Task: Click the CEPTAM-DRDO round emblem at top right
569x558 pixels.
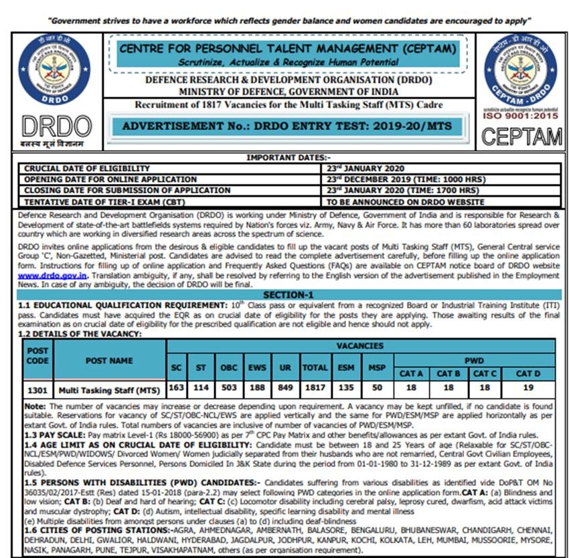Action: [x=519, y=71]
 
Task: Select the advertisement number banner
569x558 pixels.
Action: [x=287, y=126]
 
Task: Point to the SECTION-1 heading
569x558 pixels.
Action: [x=288, y=294]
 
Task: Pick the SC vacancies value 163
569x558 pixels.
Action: [x=177, y=388]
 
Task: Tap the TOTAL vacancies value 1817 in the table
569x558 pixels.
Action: [x=315, y=388]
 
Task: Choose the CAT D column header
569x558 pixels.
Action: [x=527, y=373]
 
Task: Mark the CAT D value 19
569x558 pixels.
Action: [x=527, y=388]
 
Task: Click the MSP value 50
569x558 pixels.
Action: [x=377, y=388]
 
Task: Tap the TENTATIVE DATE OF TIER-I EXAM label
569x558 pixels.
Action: [x=104, y=201]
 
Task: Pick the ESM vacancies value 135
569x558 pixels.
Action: [x=347, y=388]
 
